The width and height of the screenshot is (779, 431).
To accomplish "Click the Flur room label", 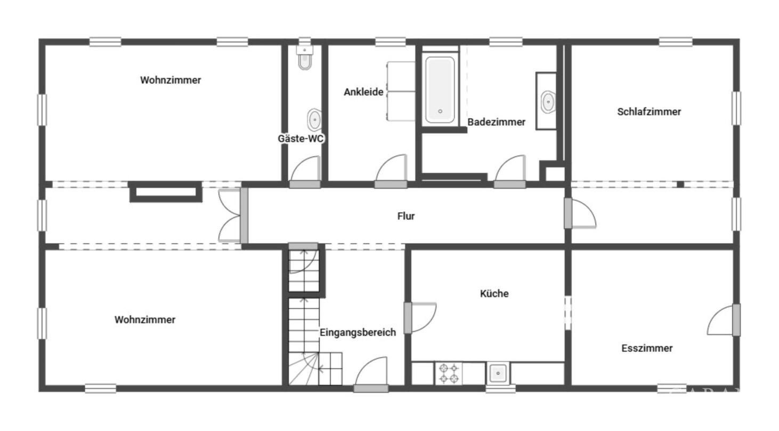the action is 406,216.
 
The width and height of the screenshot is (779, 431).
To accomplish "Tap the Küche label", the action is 494,293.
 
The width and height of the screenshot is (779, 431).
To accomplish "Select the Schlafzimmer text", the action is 649,112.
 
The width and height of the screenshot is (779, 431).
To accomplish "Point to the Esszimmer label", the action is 647,348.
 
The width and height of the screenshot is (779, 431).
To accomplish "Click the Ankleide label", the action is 363,92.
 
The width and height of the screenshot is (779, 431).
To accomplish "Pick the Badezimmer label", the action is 496,122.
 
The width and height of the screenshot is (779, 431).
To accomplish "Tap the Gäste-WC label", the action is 301,139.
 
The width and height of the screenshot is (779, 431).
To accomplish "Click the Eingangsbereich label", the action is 358,332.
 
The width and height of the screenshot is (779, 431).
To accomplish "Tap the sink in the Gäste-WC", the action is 314,120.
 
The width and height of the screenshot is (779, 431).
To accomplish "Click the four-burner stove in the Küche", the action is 449,373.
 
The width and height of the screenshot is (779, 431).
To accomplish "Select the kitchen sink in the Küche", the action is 498,373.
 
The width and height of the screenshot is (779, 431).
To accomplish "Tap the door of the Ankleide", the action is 391,171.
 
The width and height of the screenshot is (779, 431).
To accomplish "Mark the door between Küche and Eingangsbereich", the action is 420,317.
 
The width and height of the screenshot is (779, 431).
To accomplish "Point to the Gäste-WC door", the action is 305,172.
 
